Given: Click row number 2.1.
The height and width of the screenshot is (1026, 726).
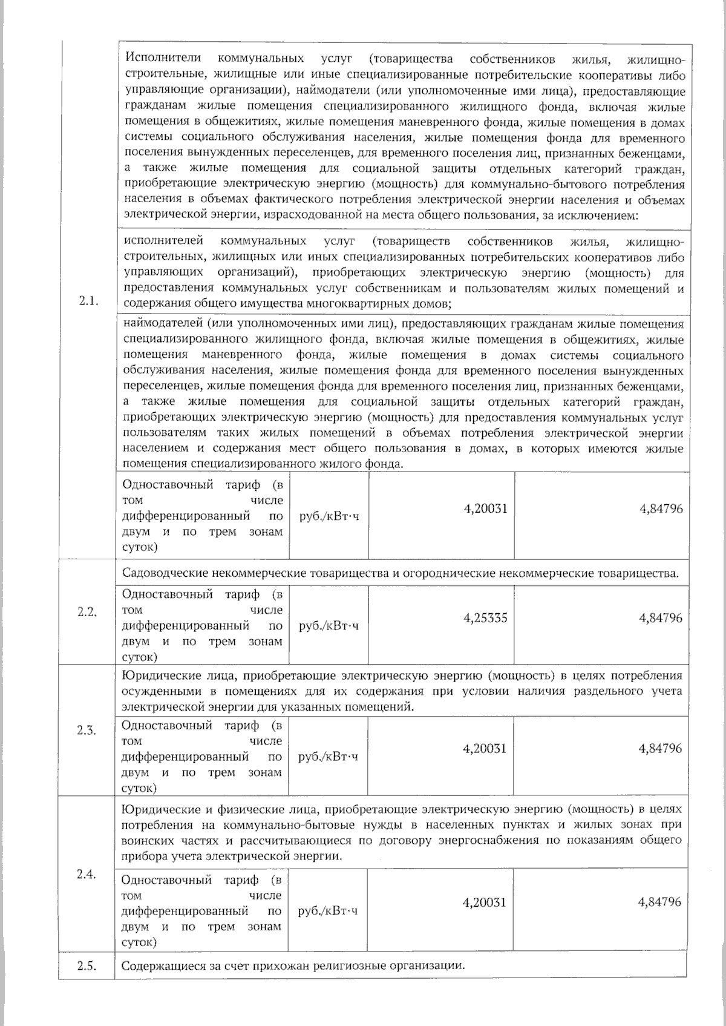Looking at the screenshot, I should click(x=88, y=301).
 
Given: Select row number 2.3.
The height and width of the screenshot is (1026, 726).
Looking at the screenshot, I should click(x=87, y=730).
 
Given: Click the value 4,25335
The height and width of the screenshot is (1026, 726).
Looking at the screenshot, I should click(x=485, y=618).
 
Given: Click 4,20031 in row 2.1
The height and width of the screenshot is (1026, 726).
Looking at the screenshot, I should click(x=485, y=508).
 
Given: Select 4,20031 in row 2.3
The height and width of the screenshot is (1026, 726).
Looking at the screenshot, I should click(x=485, y=748).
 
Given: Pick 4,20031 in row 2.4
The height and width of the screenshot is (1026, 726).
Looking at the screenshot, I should click(x=485, y=902).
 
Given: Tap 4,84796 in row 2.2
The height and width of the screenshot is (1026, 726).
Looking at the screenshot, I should click(x=661, y=618).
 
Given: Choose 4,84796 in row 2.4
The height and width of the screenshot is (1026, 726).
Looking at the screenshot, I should click(x=659, y=902).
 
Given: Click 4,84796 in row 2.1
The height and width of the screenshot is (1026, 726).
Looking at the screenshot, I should click(x=661, y=508).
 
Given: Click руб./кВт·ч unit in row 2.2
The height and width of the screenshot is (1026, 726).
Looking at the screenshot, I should click(x=329, y=626).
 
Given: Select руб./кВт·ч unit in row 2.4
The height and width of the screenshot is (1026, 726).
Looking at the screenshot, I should click(x=329, y=910).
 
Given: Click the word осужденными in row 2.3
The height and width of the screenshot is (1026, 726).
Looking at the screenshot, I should click(x=154, y=691).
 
